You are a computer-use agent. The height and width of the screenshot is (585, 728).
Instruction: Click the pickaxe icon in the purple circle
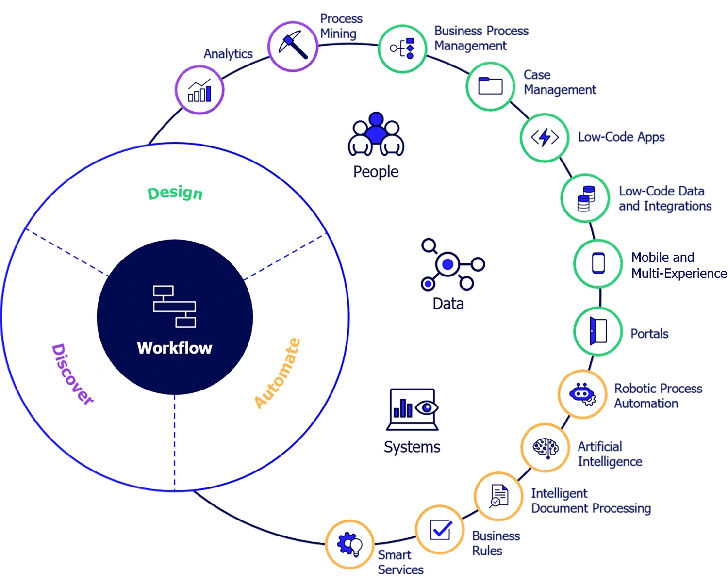point(293,46)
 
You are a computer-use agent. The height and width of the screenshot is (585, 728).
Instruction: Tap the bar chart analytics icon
point(199,89)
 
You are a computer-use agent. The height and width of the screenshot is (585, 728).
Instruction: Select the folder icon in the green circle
point(490,86)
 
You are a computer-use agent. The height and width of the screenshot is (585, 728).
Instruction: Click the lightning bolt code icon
point(545,137)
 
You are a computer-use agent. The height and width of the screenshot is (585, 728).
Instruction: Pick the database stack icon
point(585,198)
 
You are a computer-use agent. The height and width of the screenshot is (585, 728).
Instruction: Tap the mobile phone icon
point(598,263)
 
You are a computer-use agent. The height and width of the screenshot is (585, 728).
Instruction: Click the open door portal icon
point(598,331)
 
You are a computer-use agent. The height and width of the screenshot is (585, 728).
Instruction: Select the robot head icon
point(582,393)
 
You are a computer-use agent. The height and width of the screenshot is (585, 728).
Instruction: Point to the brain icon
point(546,447)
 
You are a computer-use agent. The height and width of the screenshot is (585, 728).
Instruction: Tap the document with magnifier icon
point(498,496)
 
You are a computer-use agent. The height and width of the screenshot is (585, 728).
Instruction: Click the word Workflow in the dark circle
point(175,348)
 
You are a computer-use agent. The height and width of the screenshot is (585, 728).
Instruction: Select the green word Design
point(175,193)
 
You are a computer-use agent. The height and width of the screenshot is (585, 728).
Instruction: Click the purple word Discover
point(72,374)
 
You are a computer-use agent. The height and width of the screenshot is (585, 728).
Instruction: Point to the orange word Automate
point(277,374)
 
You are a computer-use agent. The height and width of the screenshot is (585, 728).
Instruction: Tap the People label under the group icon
point(376,172)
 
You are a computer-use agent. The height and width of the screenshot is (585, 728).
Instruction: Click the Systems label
point(412,447)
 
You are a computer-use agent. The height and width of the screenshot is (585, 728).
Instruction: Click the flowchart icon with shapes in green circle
point(402,48)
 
